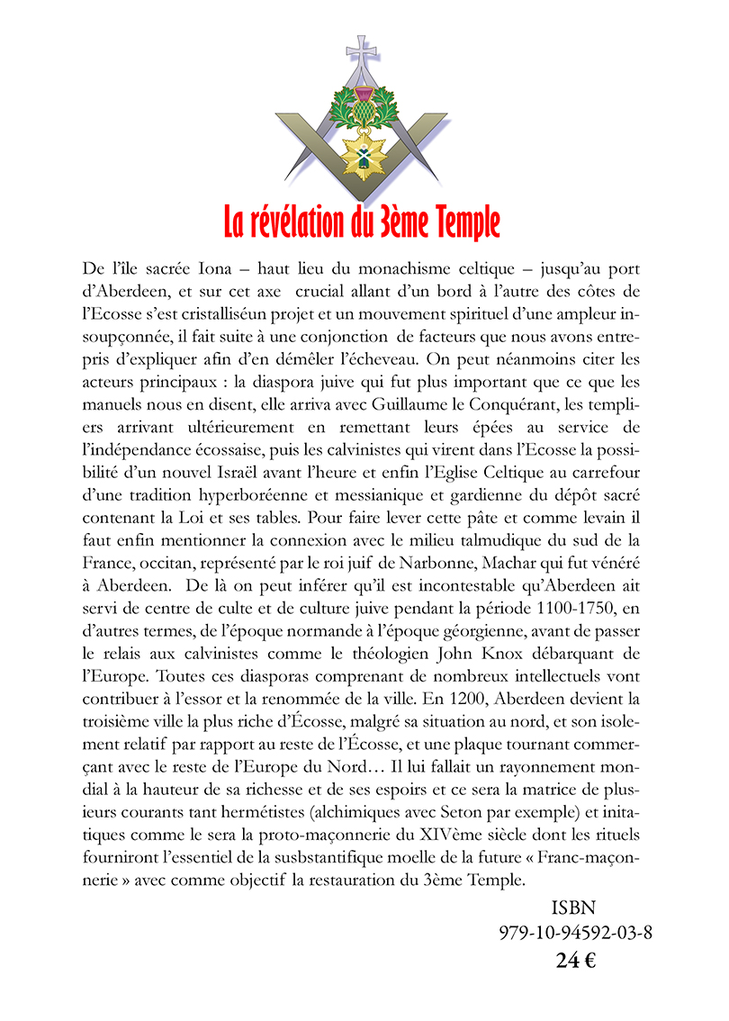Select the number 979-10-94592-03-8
click(575, 933)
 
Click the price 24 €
click(575, 960)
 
